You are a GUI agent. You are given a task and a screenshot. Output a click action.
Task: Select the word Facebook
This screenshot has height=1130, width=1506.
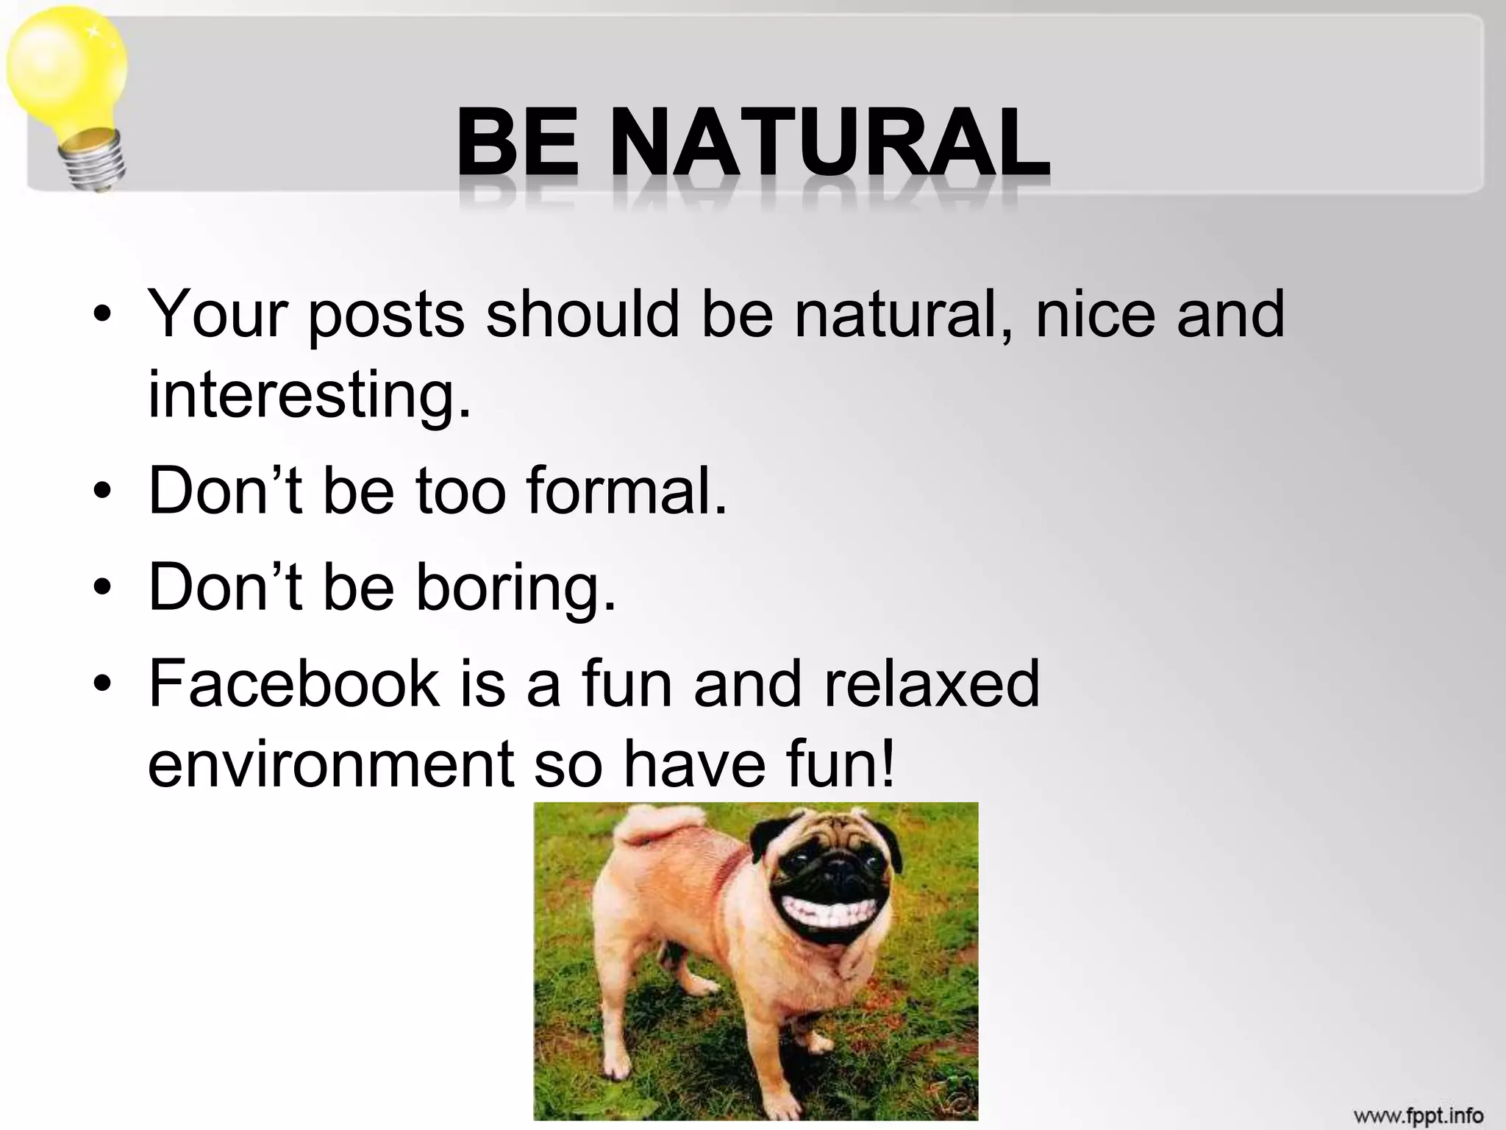pyautogui.click(x=293, y=683)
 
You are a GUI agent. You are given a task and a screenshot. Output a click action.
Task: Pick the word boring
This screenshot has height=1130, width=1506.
pyautogui.click(x=515, y=587)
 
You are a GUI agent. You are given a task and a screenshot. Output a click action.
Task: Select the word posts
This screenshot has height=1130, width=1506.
pyautogui.click(x=385, y=316)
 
